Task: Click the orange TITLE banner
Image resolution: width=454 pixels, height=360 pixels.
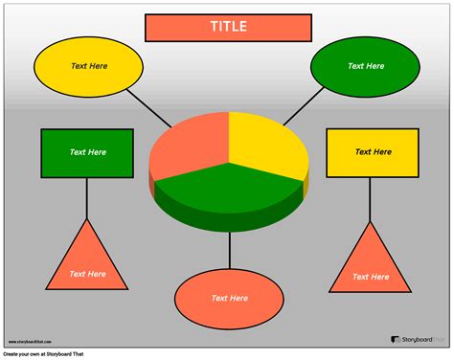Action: (172, 27)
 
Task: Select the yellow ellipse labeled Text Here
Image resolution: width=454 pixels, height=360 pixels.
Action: (88, 66)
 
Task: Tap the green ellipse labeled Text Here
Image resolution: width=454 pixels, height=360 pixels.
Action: (365, 66)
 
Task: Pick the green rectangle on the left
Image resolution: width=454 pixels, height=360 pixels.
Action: (86, 153)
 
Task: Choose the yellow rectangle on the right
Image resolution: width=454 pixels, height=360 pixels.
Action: (372, 153)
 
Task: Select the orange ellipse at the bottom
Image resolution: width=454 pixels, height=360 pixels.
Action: (230, 299)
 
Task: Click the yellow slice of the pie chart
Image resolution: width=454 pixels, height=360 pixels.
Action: (261, 144)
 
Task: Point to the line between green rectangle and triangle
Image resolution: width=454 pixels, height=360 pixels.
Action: (87, 198)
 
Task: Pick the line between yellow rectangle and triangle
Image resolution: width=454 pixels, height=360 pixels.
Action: (372, 201)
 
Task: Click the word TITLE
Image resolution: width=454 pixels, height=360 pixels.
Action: (228, 27)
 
